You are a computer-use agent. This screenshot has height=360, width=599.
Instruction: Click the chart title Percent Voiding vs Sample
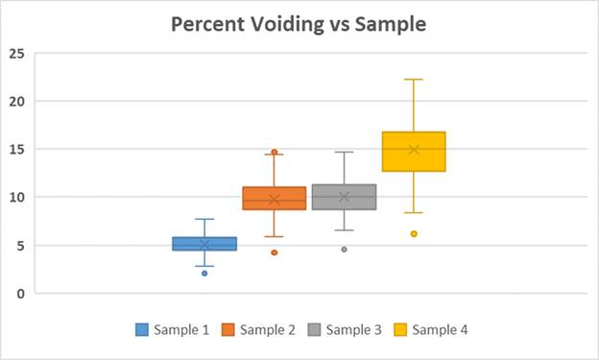[299, 24]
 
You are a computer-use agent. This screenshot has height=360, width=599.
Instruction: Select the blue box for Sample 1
[204, 243]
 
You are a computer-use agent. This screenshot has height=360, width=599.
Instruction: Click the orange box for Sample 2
[274, 198]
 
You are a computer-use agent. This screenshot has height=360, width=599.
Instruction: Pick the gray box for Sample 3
[344, 197]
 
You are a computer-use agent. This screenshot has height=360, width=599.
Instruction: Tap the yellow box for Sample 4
[414, 151]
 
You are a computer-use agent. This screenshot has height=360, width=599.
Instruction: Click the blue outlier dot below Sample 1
[204, 274]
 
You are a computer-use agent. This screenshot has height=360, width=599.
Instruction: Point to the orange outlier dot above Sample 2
[275, 152]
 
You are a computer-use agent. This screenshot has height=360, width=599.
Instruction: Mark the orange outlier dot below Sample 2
[275, 252]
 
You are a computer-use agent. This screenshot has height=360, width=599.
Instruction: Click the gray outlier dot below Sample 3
[344, 250]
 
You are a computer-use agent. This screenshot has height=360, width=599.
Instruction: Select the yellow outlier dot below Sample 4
[414, 233]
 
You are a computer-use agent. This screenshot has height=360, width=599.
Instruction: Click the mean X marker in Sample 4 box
[414, 150]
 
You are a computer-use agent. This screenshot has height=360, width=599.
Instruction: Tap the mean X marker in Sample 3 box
[344, 197]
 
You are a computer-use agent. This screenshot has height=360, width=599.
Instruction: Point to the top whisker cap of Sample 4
[414, 80]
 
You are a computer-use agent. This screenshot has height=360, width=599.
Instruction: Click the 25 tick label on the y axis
[16, 53]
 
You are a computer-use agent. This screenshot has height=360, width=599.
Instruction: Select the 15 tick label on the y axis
[16, 149]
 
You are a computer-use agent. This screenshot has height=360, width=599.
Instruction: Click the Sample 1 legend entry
[172, 330]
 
